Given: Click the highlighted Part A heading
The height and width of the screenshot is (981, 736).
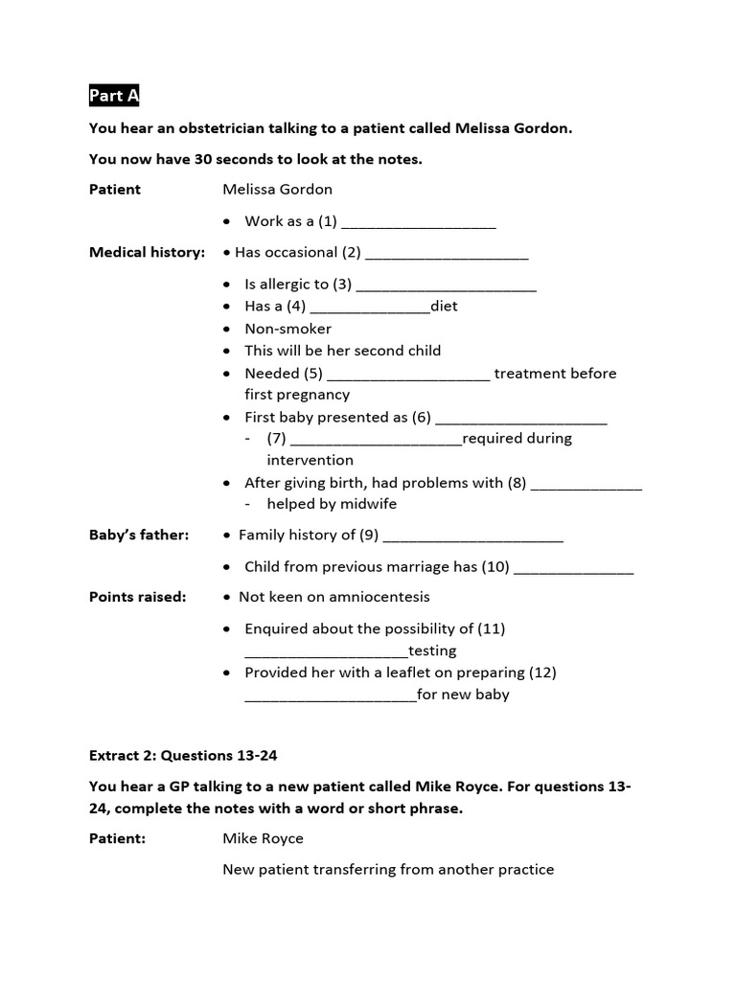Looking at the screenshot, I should (x=113, y=96).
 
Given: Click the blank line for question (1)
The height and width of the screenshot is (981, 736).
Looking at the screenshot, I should (x=418, y=224).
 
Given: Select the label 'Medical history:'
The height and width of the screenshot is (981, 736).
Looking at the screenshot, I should (x=147, y=253).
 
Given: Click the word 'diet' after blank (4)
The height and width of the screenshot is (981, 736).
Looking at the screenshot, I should (x=444, y=307).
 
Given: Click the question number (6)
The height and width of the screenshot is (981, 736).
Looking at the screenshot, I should (x=422, y=418).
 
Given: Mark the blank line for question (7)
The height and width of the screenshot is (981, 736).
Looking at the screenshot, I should (x=375, y=442).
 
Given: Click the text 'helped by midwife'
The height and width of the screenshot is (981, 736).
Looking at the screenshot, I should (x=331, y=504).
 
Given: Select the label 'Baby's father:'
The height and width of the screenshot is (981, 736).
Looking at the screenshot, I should (x=139, y=535).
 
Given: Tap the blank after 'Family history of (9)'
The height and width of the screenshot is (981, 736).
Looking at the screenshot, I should (x=472, y=538).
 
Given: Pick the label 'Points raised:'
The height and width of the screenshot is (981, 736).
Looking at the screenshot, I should (x=137, y=597).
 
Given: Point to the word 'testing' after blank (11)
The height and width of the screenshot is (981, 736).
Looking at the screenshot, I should (x=432, y=650).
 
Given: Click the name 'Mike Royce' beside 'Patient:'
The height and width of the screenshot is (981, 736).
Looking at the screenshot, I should (x=263, y=838).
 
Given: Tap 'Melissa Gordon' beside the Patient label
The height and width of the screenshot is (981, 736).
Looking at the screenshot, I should (x=277, y=190).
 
